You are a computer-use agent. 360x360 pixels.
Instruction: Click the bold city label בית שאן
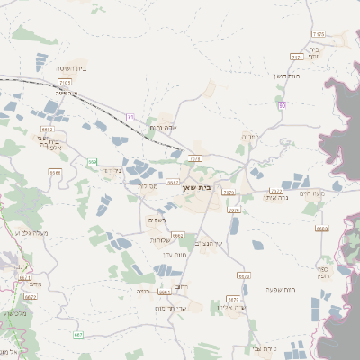point(209,189)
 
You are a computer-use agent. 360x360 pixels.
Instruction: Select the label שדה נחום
point(163,127)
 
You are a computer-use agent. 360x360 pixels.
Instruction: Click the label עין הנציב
point(208,243)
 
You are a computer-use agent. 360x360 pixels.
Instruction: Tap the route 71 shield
point(130,117)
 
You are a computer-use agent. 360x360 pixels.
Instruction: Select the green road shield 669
point(92,162)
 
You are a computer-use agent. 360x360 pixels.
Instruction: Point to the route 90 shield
point(282,105)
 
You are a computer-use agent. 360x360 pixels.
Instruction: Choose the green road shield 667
point(78,335)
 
